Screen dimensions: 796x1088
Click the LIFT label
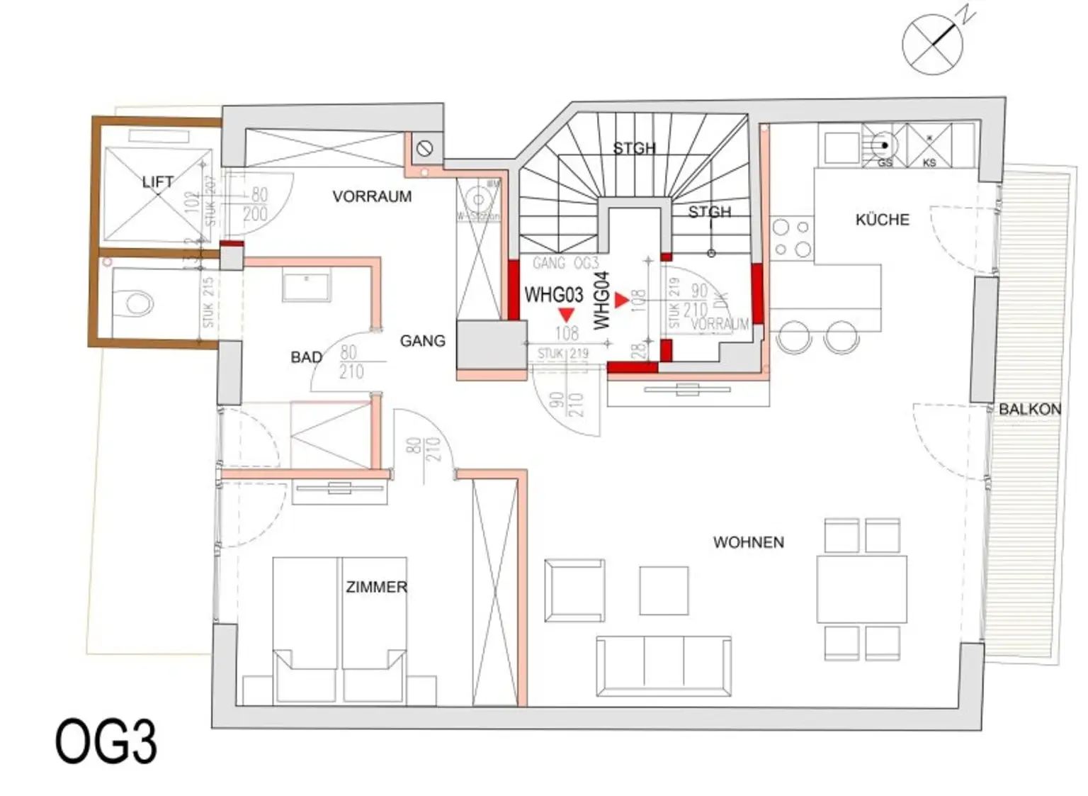point(157,182)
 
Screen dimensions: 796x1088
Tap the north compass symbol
point(933,44)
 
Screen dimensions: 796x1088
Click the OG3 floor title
point(106,742)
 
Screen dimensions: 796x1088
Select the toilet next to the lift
point(140,303)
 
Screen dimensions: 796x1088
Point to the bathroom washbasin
point(306,286)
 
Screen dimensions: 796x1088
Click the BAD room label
point(306,357)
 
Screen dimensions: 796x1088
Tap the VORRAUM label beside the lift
point(372,196)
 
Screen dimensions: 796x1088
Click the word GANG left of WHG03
point(422,341)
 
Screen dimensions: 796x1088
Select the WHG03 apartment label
point(553,294)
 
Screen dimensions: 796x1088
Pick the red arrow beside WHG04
point(621,301)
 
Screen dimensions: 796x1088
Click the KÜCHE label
point(882,220)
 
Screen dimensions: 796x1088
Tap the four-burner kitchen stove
point(792,238)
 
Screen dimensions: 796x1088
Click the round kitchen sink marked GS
point(884,145)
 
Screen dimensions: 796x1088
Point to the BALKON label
point(1029,409)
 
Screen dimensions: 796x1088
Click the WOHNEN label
point(748,542)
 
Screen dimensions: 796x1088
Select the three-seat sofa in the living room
point(664,666)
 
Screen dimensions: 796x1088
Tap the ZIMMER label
point(376,587)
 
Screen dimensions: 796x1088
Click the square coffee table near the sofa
point(664,590)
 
